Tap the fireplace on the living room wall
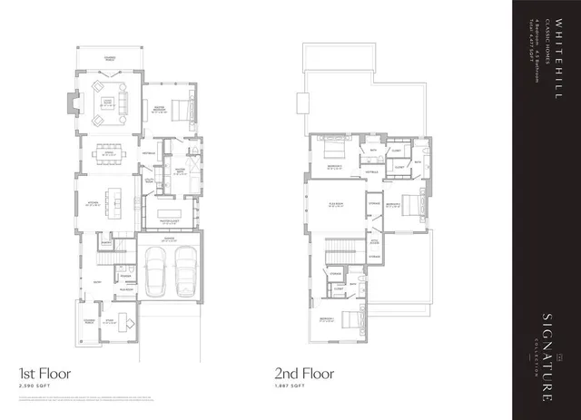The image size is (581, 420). [x=73, y=103]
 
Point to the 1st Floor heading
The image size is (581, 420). [x=44, y=373]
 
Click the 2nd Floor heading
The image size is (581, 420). [x=304, y=373]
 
